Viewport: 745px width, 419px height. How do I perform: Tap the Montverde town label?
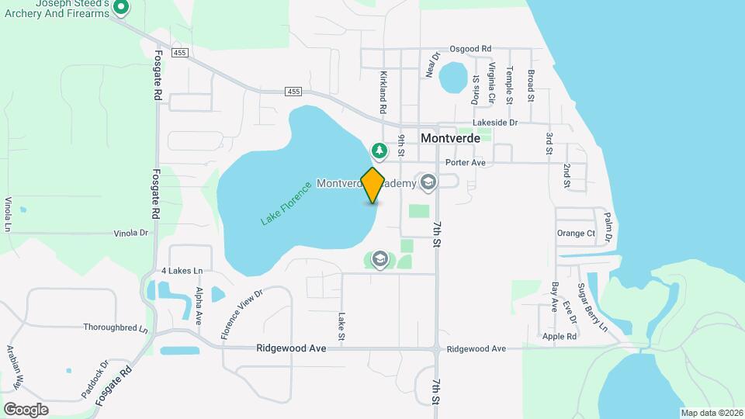[450, 138]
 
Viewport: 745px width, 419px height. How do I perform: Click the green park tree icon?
[379, 150]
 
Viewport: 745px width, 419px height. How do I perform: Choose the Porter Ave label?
[466, 163]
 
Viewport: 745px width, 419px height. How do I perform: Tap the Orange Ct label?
[576, 233]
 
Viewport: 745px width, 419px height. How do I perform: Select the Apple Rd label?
[560, 337]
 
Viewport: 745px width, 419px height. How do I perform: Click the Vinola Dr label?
[130, 233]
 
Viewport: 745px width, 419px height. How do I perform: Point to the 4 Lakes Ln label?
[182, 271]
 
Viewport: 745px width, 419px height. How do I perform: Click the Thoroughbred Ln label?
[116, 327]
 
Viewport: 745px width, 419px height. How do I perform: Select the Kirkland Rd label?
[383, 93]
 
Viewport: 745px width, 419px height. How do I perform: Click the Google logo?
[26, 409]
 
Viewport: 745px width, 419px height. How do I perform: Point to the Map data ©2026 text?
[711, 413]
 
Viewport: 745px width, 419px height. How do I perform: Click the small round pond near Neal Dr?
[452, 77]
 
